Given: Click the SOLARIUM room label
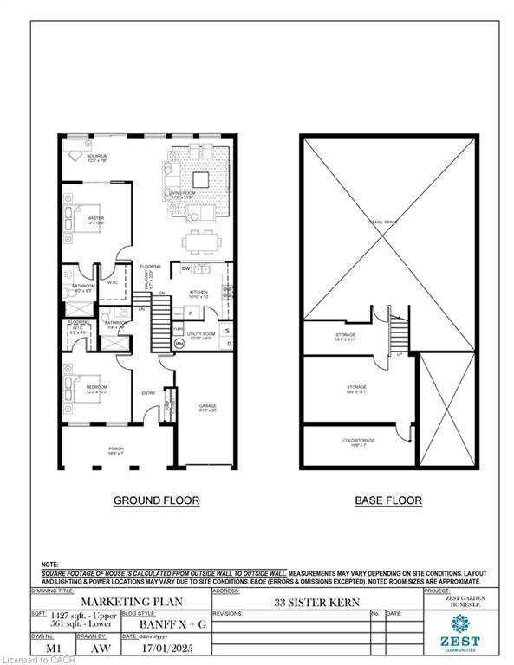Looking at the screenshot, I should [x=95, y=158].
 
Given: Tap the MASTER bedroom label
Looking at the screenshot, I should [x=95, y=220].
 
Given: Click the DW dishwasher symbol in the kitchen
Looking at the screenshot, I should [x=186, y=269].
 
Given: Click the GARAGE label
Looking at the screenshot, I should [x=208, y=407].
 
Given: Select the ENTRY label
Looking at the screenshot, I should [x=148, y=394].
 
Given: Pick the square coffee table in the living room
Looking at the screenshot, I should [x=200, y=179].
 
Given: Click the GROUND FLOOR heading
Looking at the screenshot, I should [x=158, y=500].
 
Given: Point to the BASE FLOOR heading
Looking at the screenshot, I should [x=388, y=500].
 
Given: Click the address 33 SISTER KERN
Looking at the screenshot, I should [x=303, y=603].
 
